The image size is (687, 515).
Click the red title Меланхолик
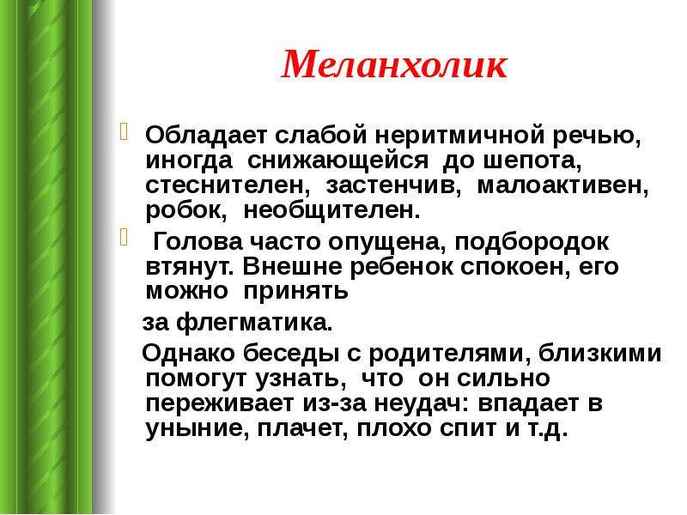click(x=394, y=65)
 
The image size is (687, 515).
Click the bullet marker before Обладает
click(x=124, y=132)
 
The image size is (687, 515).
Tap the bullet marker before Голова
click(x=124, y=238)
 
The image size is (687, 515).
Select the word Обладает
click(x=205, y=136)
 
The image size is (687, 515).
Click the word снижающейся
click(x=337, y=161)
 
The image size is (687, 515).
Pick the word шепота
click(x=532, y=161)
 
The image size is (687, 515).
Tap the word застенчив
click(x=393, y=185)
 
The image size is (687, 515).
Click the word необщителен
click(x=331, y=211)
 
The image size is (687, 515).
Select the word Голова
click(x=198, y=241)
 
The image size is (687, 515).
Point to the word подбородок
click(x=532, y=242)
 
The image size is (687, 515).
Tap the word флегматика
click(x=254, y=324)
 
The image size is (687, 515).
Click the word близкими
click(x=599, y=354)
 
